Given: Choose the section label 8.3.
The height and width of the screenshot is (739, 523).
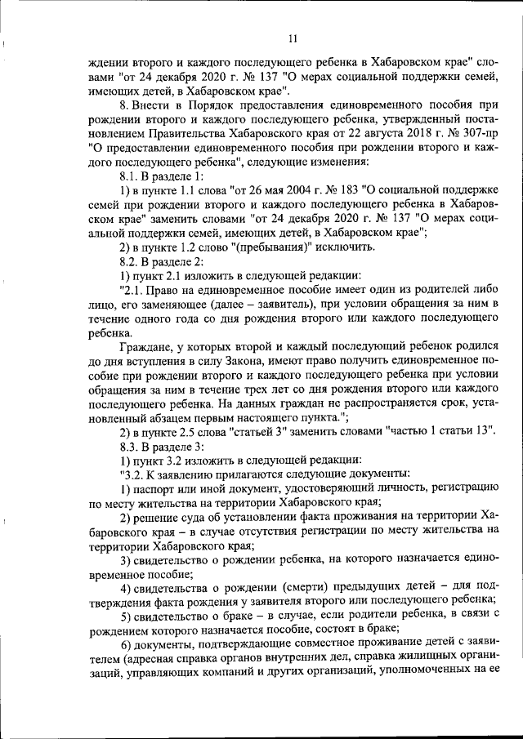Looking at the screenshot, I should coord(131,446).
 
